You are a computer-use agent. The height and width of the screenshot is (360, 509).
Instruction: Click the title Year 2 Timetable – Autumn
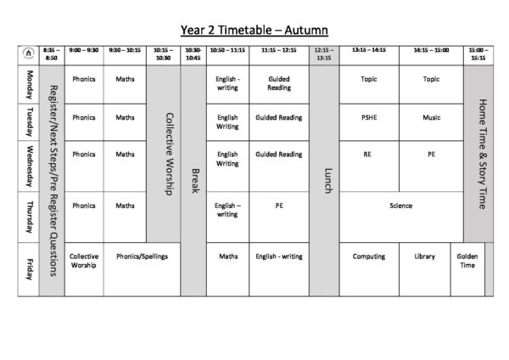(255, 31)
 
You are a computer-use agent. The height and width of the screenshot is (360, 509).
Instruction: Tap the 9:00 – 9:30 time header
(84, 50)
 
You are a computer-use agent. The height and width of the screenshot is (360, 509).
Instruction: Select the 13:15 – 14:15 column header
(368, 50)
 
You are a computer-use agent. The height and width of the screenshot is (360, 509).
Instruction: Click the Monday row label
(28, 85)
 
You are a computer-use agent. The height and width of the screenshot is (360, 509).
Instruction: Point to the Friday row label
(28, 269)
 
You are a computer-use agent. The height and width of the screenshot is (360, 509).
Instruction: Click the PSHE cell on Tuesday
(368, 118)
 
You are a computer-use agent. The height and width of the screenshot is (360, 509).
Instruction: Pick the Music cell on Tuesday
(431, 118)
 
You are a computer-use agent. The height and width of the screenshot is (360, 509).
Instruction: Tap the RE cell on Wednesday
(368, 155)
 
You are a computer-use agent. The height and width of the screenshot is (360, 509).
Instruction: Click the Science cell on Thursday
(400, 205)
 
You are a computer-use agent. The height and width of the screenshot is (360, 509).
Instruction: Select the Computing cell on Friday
(368, 256)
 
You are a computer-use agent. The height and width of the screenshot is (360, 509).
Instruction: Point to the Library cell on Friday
(425, 256)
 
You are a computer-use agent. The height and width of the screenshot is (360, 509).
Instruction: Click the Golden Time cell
(467, 261)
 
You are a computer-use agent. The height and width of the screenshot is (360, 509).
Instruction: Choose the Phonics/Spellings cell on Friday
(142, 256)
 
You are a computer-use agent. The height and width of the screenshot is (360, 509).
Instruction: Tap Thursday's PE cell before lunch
(278, 205)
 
